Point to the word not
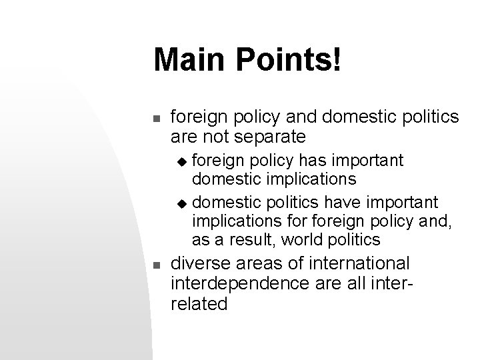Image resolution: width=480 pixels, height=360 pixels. [x=211, y=137]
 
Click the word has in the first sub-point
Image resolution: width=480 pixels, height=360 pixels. [x=314, y=161]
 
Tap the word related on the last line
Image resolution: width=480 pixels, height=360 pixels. [x=199, y=305]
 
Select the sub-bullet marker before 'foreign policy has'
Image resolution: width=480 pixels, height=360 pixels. [x=185, y=161]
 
